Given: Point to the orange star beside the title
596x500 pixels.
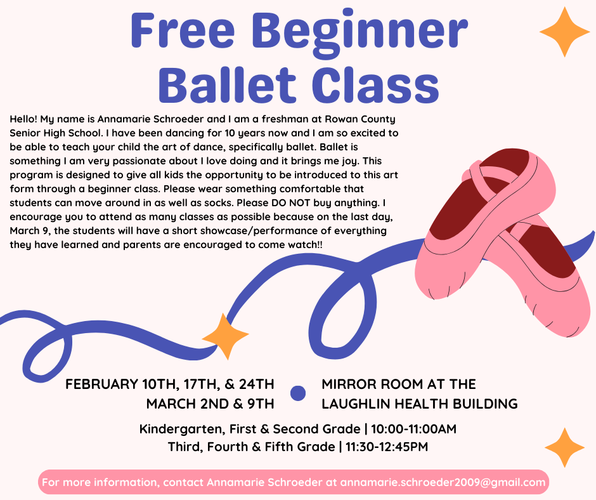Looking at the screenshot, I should point(564,31).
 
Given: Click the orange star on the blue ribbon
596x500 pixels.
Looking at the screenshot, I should point(225,336).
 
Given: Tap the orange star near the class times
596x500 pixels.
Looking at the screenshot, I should point(564,447).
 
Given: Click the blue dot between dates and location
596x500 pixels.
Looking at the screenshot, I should point(297,393).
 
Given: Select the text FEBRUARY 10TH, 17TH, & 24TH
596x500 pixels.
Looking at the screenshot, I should point(170,384).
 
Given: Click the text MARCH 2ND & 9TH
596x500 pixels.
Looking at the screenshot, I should point(210,404).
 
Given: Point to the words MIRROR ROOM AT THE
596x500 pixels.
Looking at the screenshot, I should point(399,384).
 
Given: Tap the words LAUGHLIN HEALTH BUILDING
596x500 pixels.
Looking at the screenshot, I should point(419,404).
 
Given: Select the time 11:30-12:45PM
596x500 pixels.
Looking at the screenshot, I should point(387,447).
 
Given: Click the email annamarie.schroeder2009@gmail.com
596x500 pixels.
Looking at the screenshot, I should point(443,482).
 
